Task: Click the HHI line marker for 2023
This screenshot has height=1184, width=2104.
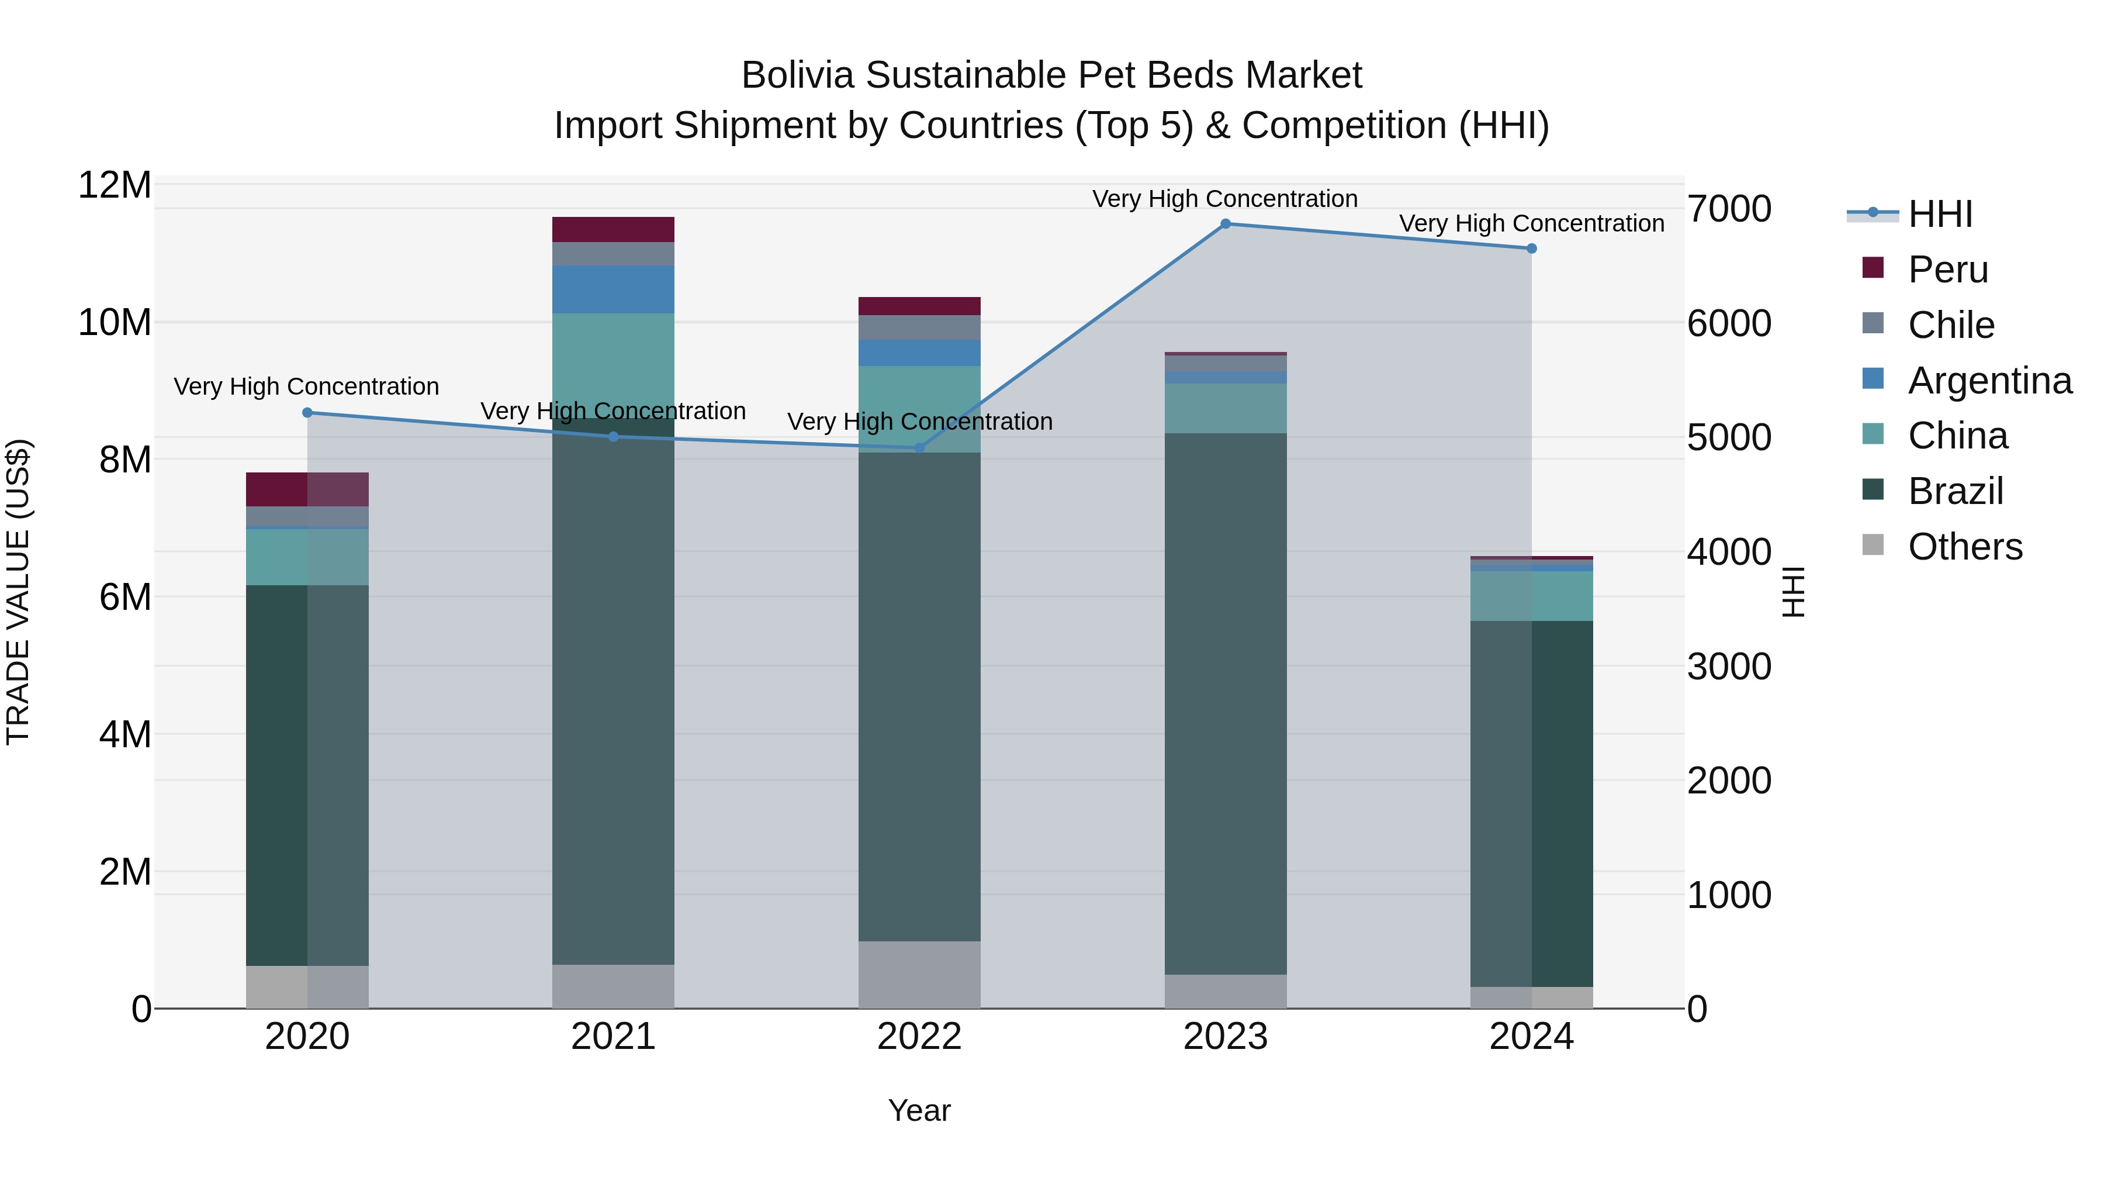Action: point(1225,224)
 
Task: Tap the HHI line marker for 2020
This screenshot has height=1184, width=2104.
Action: point(307,413)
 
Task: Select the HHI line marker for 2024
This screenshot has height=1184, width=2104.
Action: point(1531,248)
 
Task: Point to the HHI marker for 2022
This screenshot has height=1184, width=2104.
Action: point(920,448)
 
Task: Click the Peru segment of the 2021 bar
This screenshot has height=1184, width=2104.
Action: point(614,230)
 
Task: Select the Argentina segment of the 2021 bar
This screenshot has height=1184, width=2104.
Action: point(614,289)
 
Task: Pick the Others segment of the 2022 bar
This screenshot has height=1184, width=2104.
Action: point(920,974)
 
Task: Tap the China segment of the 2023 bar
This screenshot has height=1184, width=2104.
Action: point(1225,409)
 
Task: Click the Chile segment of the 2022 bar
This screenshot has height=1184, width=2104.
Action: point(920,327)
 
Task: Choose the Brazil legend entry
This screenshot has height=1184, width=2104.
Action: point(1956,491)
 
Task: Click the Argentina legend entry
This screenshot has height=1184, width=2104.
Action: point(1989,381)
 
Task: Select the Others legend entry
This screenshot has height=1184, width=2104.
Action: point(1964,547)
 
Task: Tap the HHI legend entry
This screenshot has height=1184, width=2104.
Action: point(1940,214)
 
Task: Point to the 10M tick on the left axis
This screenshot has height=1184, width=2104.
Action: point(115,323)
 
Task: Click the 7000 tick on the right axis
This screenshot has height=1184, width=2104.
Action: point(1730,209)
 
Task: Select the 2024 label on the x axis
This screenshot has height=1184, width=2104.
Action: point(1531,1037)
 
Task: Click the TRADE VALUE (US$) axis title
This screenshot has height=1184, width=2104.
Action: point(18,592)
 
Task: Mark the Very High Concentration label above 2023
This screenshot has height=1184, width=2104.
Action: point(1225,199)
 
